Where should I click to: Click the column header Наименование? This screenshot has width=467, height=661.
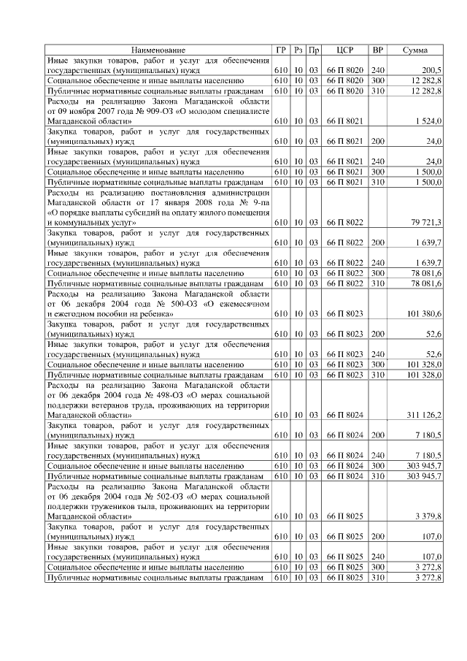pyautogui.click(x=158, y=50)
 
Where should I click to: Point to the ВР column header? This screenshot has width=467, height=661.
pyautogui.click(x=377, y=50)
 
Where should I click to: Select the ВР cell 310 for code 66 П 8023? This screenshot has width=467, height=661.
pyautogui.click(x=377, y=374)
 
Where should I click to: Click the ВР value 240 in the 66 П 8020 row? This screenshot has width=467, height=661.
pyautogui.click(x=377, y=70)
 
